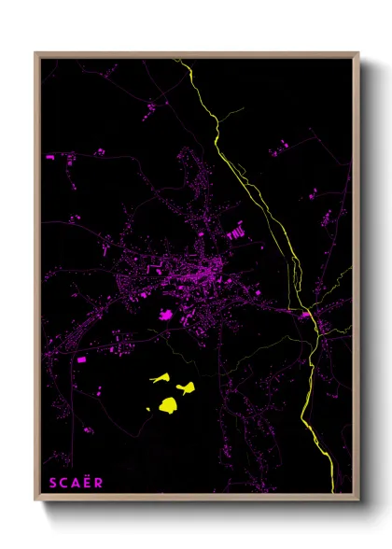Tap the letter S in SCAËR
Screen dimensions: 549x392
tap(50, 483)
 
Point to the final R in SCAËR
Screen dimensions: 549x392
tap(98, 483)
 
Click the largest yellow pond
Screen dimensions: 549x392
tap(169, 404)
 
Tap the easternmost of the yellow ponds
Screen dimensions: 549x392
tap(187, 387)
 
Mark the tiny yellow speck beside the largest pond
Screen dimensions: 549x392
tap(149, 409)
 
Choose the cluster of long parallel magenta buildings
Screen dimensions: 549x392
tap(235, 230)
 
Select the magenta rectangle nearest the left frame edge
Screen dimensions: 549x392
tap(80, 359)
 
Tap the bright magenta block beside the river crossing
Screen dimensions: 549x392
tap(304, 315)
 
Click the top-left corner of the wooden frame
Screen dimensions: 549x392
tap(36, 54)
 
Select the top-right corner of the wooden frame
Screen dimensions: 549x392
tap(358, 54)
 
